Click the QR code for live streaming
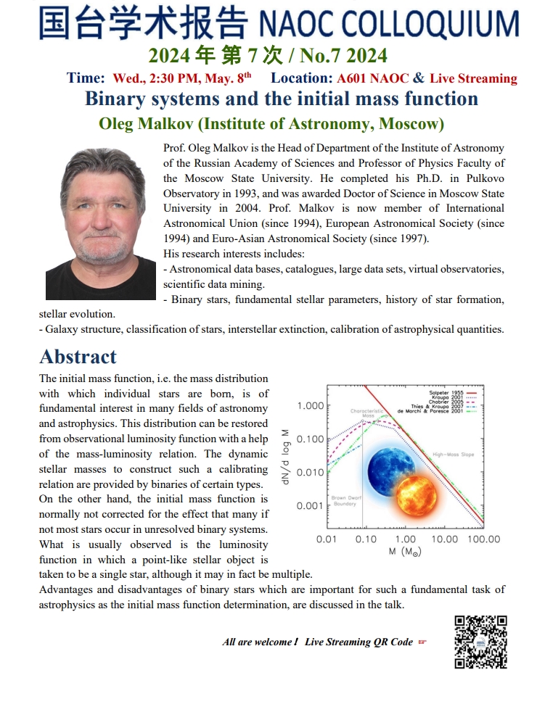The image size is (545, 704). (480, 642)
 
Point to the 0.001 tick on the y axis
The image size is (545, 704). (310, 505)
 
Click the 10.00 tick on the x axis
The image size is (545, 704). (444, 539)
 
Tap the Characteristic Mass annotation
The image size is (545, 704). (366, 414)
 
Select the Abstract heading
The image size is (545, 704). (78, 357)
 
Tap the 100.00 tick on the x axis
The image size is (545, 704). (483, 539)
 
